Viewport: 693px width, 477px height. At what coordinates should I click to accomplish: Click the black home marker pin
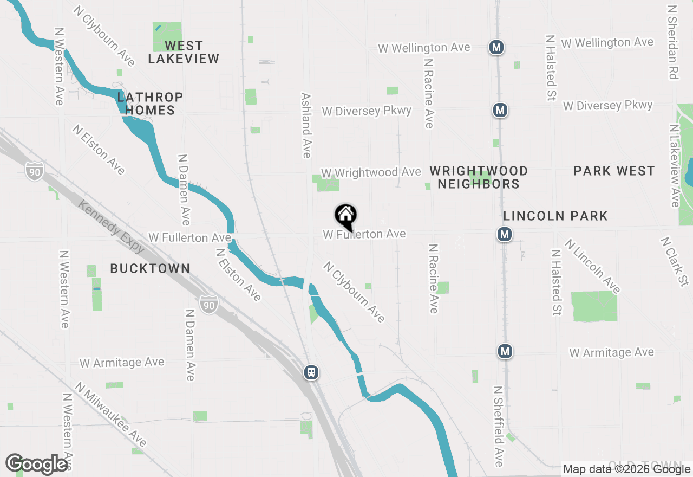click(345, 216)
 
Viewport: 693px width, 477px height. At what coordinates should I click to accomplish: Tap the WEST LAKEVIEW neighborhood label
click(184, 52)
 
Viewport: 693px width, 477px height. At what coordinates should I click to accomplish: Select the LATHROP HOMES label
click(150, 104)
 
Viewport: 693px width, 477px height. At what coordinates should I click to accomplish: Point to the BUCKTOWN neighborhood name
click(150, 268)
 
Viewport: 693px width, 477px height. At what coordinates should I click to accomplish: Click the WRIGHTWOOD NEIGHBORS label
click(479, 177)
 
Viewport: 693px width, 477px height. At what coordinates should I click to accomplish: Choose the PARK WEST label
click(614, 171)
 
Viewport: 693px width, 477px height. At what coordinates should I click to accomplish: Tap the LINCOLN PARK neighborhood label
click(555, 216)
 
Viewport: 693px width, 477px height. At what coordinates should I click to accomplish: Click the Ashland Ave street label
click(306, 125)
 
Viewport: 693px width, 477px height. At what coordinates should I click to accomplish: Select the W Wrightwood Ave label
click(371, 172)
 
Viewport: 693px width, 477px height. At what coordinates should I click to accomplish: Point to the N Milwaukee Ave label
click(111, 415)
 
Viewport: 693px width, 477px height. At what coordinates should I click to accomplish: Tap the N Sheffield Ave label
click(498, 426)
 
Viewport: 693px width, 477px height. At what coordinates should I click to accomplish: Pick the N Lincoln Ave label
click(592, 266)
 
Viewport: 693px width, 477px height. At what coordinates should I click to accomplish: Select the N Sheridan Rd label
click(673, 42)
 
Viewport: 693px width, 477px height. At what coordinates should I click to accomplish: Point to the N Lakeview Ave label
click(674, 165)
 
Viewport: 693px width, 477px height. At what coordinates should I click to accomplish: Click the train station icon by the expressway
click(311, 372)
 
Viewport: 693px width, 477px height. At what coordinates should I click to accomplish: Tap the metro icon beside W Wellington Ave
click(496, 47)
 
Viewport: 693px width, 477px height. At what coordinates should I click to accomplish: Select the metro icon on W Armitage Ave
click(505, 351)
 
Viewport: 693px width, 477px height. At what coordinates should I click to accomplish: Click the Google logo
click(37, 464)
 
